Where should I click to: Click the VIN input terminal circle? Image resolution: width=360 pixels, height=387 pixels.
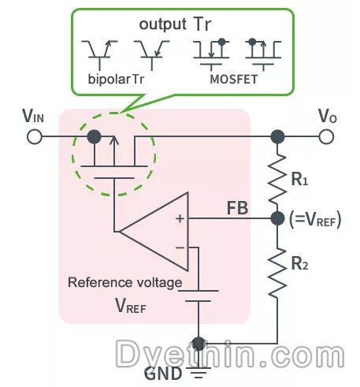coord(35,137)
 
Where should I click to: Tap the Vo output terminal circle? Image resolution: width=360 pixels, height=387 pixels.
coord(326,136)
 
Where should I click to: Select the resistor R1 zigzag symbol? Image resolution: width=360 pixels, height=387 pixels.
coord(277,180)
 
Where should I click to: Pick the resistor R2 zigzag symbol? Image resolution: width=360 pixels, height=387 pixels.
coord(277,274)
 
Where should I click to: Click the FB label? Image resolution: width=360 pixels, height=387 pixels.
coord(237,208)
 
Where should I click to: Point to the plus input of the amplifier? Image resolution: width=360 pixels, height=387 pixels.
coord(180,218)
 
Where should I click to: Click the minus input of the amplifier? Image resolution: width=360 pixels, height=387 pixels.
coord(180,247)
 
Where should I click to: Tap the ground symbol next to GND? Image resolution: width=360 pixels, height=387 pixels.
coord(199,373)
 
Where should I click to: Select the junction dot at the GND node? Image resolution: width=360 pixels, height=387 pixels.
coord(199,344)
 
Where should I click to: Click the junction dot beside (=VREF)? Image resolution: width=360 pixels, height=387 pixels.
coord(277,218)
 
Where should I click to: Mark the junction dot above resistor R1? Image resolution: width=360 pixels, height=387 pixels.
coord(277,136)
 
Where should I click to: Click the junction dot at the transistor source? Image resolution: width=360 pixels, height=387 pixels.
coord(94,136)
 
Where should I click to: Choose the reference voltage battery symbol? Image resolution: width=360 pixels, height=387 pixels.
coord(199,296)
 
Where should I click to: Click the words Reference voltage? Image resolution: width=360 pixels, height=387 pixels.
coord(125,283)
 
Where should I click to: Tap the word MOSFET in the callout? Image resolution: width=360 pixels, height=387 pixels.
coord(234,80)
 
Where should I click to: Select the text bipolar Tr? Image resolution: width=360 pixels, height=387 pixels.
coord(116,79)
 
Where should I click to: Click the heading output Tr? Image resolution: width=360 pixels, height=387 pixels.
coord(175,24)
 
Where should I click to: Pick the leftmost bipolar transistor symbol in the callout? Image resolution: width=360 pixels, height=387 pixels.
coord(99,55)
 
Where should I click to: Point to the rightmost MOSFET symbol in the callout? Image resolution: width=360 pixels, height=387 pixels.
coord(263,54)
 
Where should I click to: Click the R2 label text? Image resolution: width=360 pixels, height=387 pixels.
coord(299,263)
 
